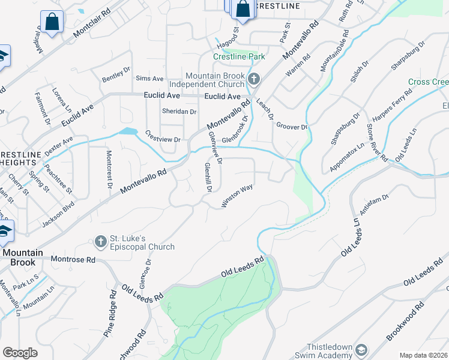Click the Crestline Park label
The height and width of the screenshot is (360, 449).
(x=239, y=56)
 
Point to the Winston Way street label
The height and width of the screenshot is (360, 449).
(x=237, y=197)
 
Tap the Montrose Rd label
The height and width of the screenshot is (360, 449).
(x=73, y=260)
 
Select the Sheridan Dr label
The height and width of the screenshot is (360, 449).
(x=179, y=112)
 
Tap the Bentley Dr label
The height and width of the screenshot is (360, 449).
(x=116, y=75)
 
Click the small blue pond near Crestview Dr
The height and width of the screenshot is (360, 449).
(x=128, y=131)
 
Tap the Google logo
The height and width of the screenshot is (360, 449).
(x=20, y=352)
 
